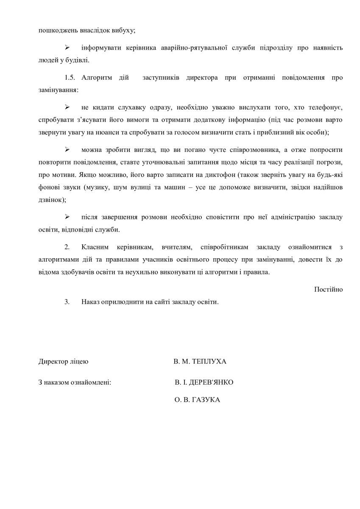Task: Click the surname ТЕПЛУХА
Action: tap(209, 362)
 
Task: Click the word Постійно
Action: tap(328, 289)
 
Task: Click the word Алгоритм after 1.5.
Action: tap(97, 78)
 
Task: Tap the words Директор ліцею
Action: tap(63, 362)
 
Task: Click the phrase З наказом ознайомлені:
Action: tap(75, 383)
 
